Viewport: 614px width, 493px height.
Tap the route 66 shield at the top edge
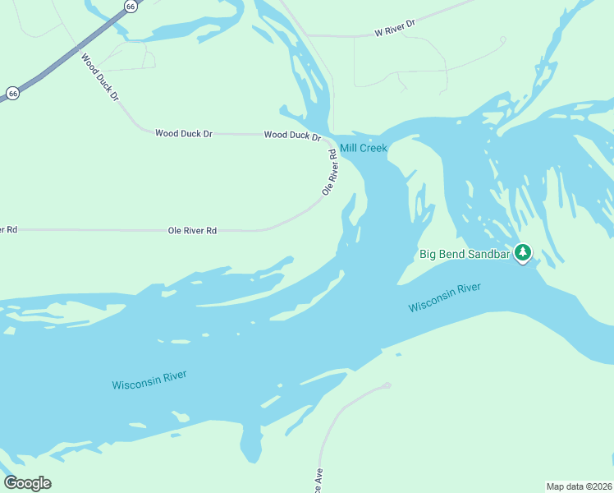pyautogui.click(x=131, y=6)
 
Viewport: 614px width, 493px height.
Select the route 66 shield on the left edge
pyautogui.click(x=12, y=94)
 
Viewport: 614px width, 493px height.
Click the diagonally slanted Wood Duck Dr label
pyautogui.click(x=99, y=77)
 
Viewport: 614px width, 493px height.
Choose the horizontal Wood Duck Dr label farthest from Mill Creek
pyautogui.click(x=184, y=133)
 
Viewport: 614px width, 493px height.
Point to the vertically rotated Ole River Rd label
pyautogui.click(x=330, y=173)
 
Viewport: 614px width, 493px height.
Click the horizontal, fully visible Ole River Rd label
pyautogui.click(x=192, y=231)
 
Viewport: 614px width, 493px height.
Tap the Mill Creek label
pyautogui.click(x=363, y=148)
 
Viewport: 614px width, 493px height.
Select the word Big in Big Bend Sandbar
pyautogui.click(x=428, y=254)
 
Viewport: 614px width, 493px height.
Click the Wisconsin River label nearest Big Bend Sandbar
pyautogui.click(x=444, y=297)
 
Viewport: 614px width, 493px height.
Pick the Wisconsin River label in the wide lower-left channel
pyautogui.click(x=149, y=380)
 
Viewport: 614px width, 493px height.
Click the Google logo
pyautogui.click(x=27, y=483)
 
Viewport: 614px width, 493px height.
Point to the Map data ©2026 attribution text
pyautogui.click(x=579, y=486)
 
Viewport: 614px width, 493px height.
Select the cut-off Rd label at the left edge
pyautogui.click(x=9, y=229)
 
